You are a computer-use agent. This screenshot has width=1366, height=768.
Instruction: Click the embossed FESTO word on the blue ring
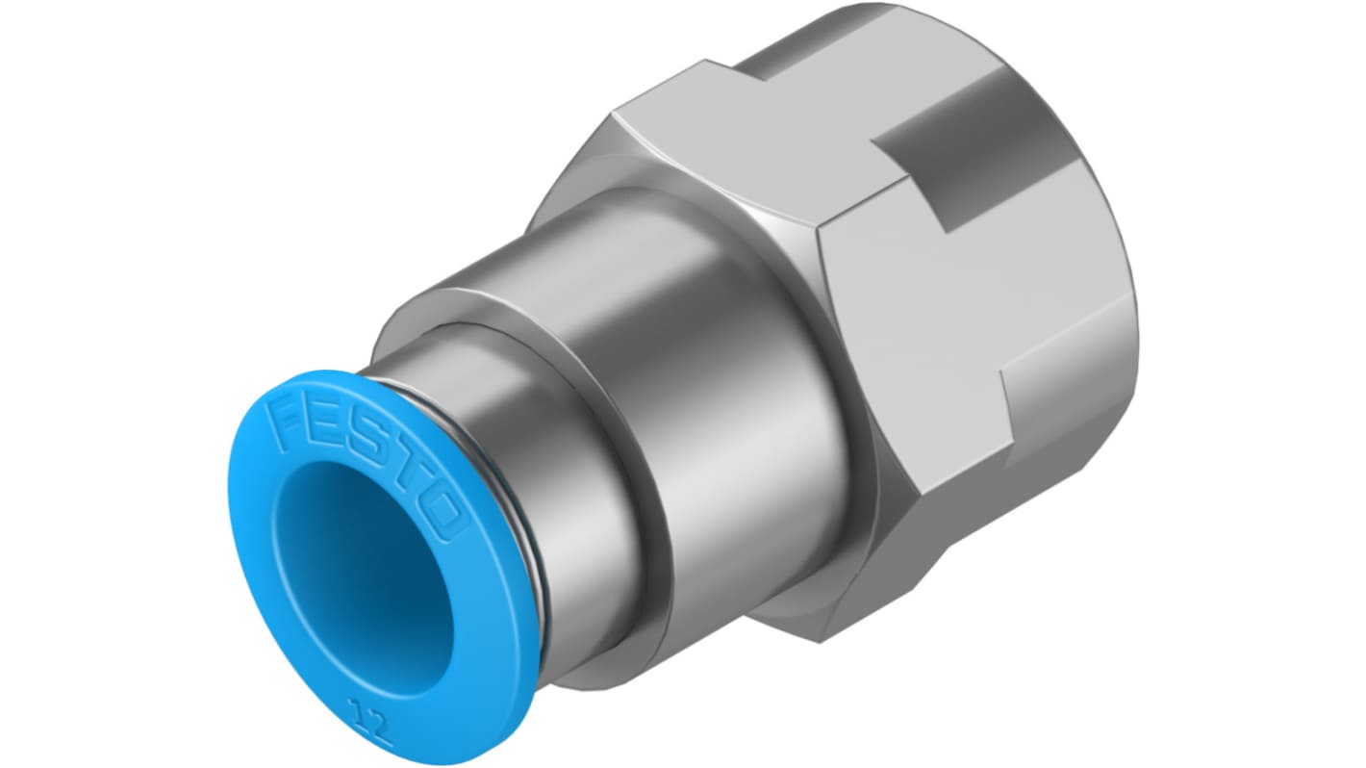point(366,465)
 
